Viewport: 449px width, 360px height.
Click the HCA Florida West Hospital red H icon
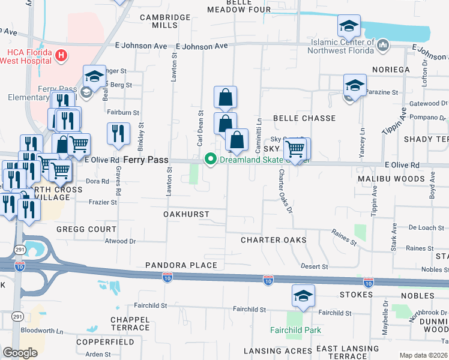60,56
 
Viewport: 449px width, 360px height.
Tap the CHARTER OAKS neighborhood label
274,240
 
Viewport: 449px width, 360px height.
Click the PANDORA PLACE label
181,265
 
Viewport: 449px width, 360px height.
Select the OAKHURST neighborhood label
186,214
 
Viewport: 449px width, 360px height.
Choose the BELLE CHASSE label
304,119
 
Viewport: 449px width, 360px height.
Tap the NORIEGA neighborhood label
391,70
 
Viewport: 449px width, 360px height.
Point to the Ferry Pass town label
146,160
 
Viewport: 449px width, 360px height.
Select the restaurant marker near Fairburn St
118,134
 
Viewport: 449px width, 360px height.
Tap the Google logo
20,353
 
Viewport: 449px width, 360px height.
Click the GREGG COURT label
86,229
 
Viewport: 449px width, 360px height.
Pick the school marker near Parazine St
355,85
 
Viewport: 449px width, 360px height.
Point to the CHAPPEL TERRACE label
130,323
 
